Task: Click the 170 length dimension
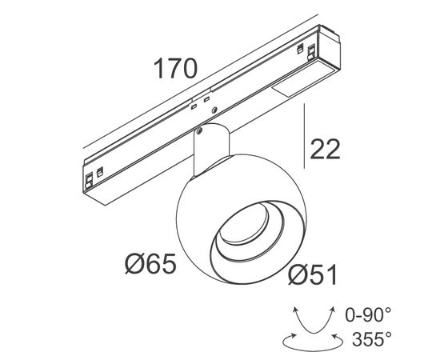click(175, 68)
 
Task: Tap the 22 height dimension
click(325, 150)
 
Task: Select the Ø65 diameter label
click(150, 263)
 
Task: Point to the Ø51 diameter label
click(312, 275)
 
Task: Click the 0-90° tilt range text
click(368, 314)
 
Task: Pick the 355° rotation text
click(371, 339)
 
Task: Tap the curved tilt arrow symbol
click(314, 320)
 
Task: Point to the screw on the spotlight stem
click(199, 131)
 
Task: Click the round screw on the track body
click(214, 110)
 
